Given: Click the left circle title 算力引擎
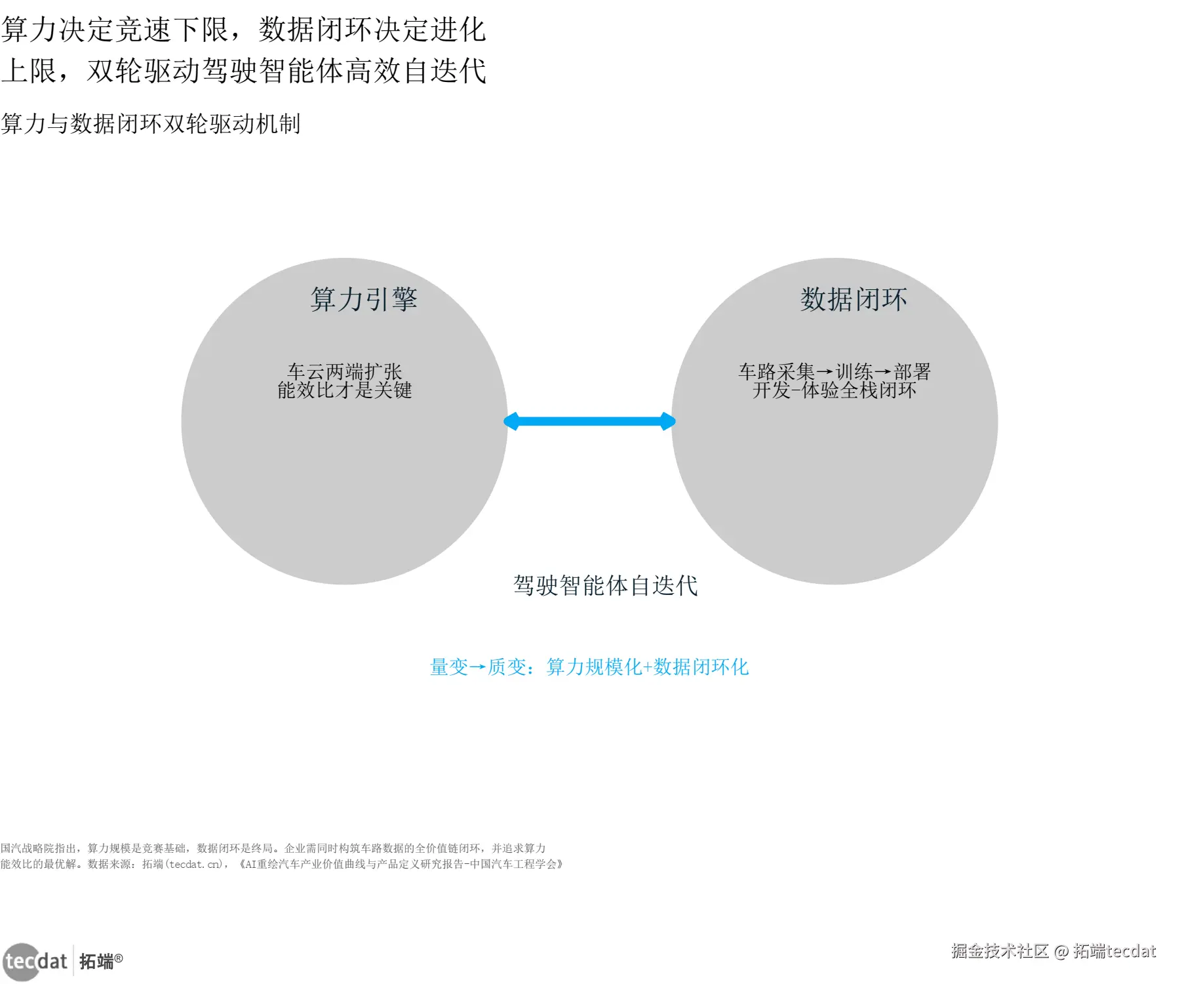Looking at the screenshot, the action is pos(364,299).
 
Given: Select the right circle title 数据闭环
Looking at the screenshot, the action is pos(854,299).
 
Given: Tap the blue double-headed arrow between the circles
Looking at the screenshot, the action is pos(589,421).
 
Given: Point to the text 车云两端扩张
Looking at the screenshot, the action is pos(345,371).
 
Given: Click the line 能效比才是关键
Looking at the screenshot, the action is pos(345,390).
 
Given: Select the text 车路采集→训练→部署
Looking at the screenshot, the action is pos(835,371).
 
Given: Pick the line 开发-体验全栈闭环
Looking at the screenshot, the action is pos(835,390).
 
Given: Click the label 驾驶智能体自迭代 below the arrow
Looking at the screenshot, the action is pos(606,585).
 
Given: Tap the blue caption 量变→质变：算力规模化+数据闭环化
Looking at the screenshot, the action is pos(589,666).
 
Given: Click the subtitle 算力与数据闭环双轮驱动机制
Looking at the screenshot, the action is pos(151,123).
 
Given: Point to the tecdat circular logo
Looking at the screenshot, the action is pos(22,962).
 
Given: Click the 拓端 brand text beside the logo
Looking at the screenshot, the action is pos(97,962).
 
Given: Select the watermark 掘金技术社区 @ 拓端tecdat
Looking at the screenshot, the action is pos(1053,951).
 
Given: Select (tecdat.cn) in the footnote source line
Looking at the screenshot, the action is pos(194,864).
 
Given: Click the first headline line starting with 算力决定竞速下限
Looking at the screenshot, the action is pos(244,30).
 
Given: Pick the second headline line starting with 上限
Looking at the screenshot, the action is pos(244,71).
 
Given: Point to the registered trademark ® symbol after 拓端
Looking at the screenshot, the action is pos(119,958).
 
